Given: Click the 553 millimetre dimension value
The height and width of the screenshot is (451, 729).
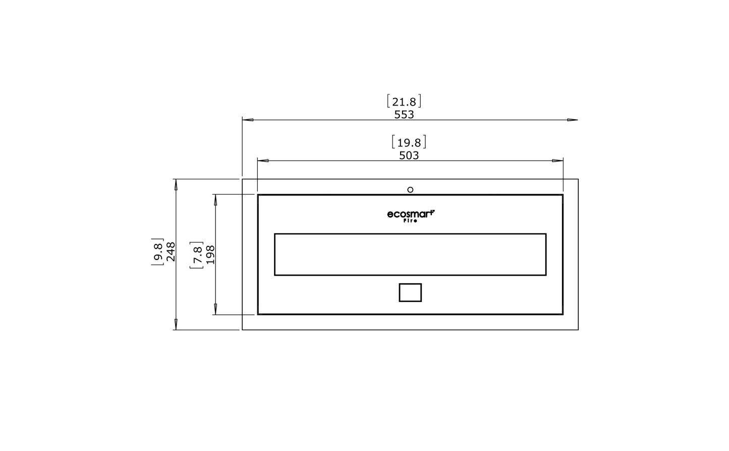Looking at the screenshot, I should pos(404,115).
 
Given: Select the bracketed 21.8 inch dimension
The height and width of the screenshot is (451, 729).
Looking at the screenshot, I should pos(404,101).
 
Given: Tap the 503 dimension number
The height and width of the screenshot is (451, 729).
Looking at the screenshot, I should pos(409,156).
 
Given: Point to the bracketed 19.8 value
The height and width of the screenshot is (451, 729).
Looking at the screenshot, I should pos(409,142).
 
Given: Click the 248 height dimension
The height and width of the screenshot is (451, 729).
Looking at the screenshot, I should pos(171,252).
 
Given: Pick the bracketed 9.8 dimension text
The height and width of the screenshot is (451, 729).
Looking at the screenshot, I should pos(158,252).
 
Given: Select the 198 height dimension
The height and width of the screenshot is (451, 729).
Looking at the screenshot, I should pos(210,255).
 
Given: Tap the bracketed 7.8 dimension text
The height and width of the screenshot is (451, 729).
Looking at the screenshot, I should pos(197,255).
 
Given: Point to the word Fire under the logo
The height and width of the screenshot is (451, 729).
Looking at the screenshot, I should pos(410,221).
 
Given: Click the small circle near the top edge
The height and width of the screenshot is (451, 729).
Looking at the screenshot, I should pos(410,190).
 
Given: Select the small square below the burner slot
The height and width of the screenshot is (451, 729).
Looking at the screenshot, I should pos(410,292).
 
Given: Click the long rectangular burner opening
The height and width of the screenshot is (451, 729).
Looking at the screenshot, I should pos(410,255).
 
